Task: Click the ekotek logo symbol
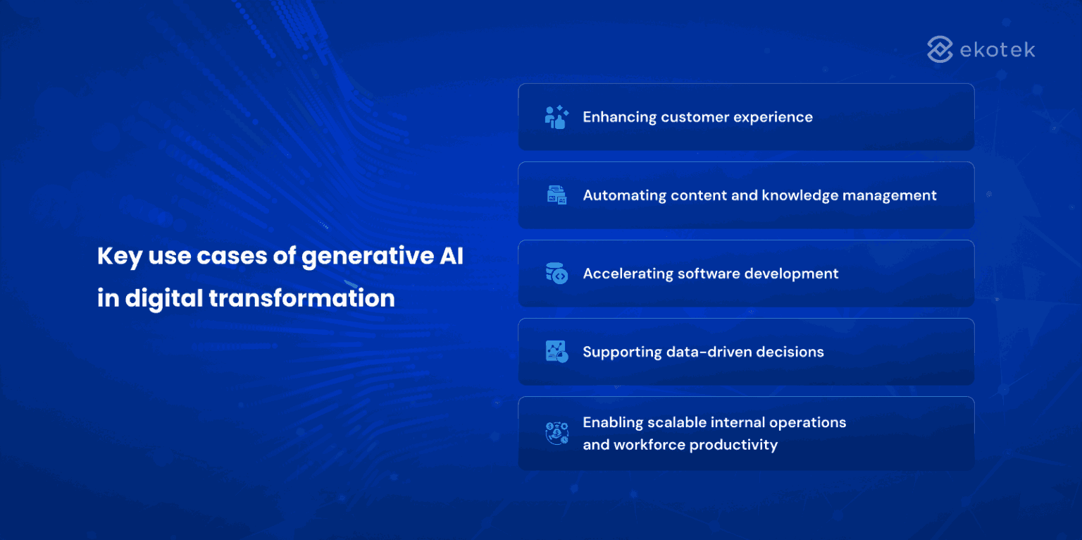(x=940, y=49)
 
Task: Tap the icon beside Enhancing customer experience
(x=556, y=117)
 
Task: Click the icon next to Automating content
(x=556, y=195)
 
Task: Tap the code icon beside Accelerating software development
(x=556, y=274)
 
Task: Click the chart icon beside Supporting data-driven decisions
(x=556, y=352)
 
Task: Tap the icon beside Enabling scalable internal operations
(x=556, y=433)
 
